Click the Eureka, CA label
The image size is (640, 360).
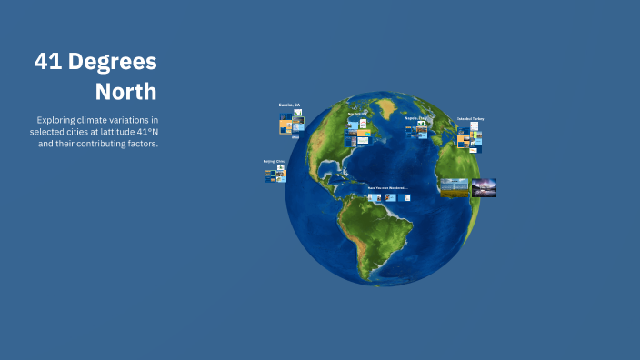point(289,105)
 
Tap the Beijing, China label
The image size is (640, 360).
point(274,161)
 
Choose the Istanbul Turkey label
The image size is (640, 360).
point(470,119)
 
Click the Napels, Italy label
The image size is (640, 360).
point(415,118)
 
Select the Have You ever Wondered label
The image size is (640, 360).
point(387,187)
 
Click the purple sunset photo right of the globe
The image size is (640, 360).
point(484,188)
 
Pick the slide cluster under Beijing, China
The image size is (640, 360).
point(275,174)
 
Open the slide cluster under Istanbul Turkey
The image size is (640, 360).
point(470,137)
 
